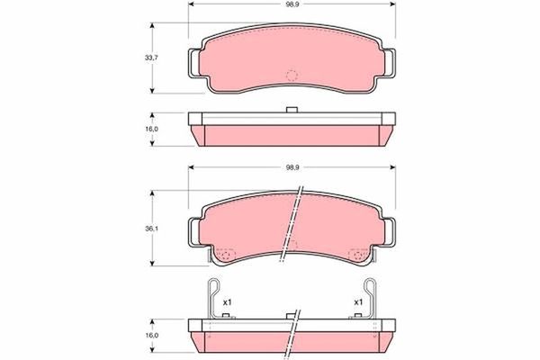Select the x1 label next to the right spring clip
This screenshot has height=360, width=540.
[x=358, y=301]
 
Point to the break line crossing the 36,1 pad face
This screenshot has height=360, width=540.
[x=292, y=225]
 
